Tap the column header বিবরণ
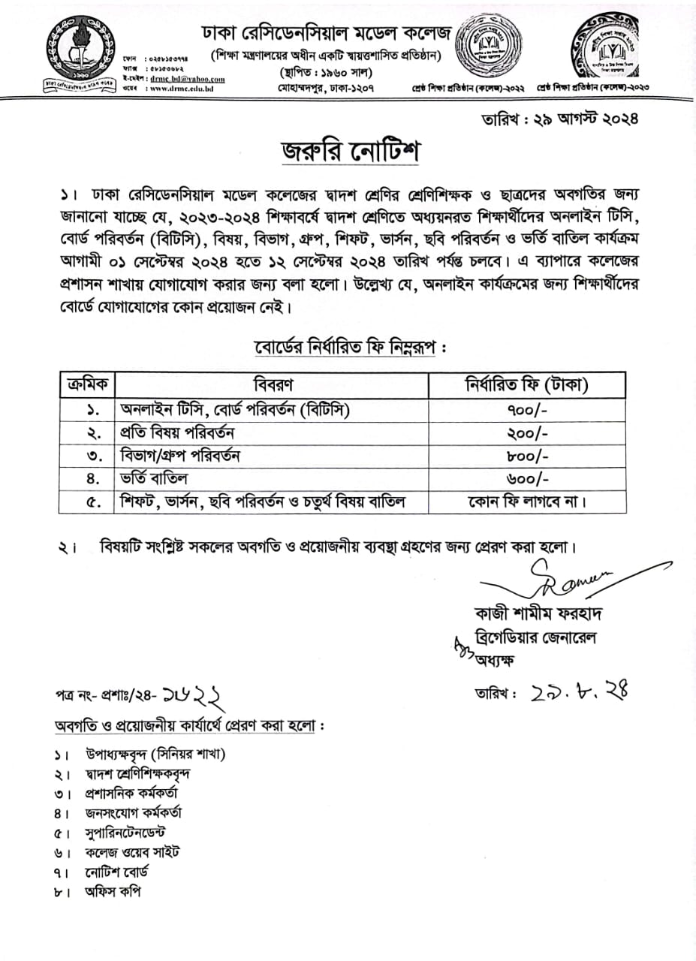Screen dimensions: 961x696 (x=272, y=386)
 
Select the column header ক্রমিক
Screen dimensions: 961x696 (x=86, y=386)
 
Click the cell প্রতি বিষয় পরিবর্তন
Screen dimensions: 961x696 (x=179, y=433)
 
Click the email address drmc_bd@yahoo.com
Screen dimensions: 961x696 (x=187, y=78)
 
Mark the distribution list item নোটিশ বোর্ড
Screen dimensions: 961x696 (x=116, y=872)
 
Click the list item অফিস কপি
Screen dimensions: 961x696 (x=113, y=892)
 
